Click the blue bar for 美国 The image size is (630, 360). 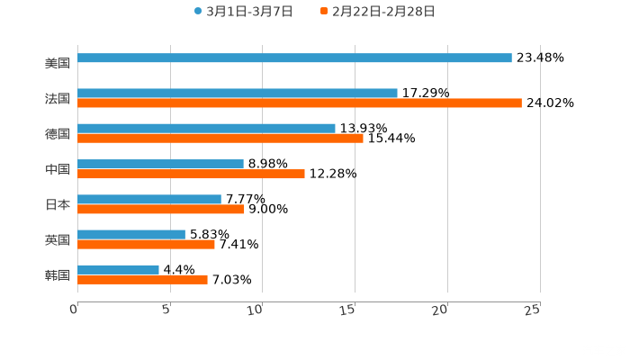pyautogui.click(x=294, y=58)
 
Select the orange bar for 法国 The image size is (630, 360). pyautogui.click(x=299, y=103)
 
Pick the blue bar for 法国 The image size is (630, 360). pyautogui.click(x=237, y=93)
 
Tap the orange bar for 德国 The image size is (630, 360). pyautogui.click(x=220, y=138)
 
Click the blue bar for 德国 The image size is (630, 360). pyautogui.click(x=206, y=128)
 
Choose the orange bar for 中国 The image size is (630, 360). pyautogui.click(x=191, y=174)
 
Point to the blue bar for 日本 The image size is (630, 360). pyautogui.click(x=148, y=199)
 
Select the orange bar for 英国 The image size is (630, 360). pyautogui.click(x=146, y=244)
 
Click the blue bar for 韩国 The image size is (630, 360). pyautogui.click(x=118, y=269)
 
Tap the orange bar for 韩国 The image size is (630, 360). pyautogui.click(x=142, y=279)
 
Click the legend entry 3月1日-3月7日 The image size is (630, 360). pyautogui.click(x=242, y=12)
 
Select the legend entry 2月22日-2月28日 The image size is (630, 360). pyautogui.click(x=378, y=12)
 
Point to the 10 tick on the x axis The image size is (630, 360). pyautogui.click(x=260, y=309)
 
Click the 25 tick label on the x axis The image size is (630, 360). pyautogui.click(x=533, y=309)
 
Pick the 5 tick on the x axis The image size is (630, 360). pyautogui.click(x=167, y=309)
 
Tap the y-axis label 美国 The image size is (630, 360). pyautogui.click(x=57, y=63)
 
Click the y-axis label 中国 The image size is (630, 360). pyautogui.click(x=57, y=169)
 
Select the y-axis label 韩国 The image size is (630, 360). pyautogui.click(x=57, y=274)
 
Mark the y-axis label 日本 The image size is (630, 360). pyautogui.click(x=57, y=204)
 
